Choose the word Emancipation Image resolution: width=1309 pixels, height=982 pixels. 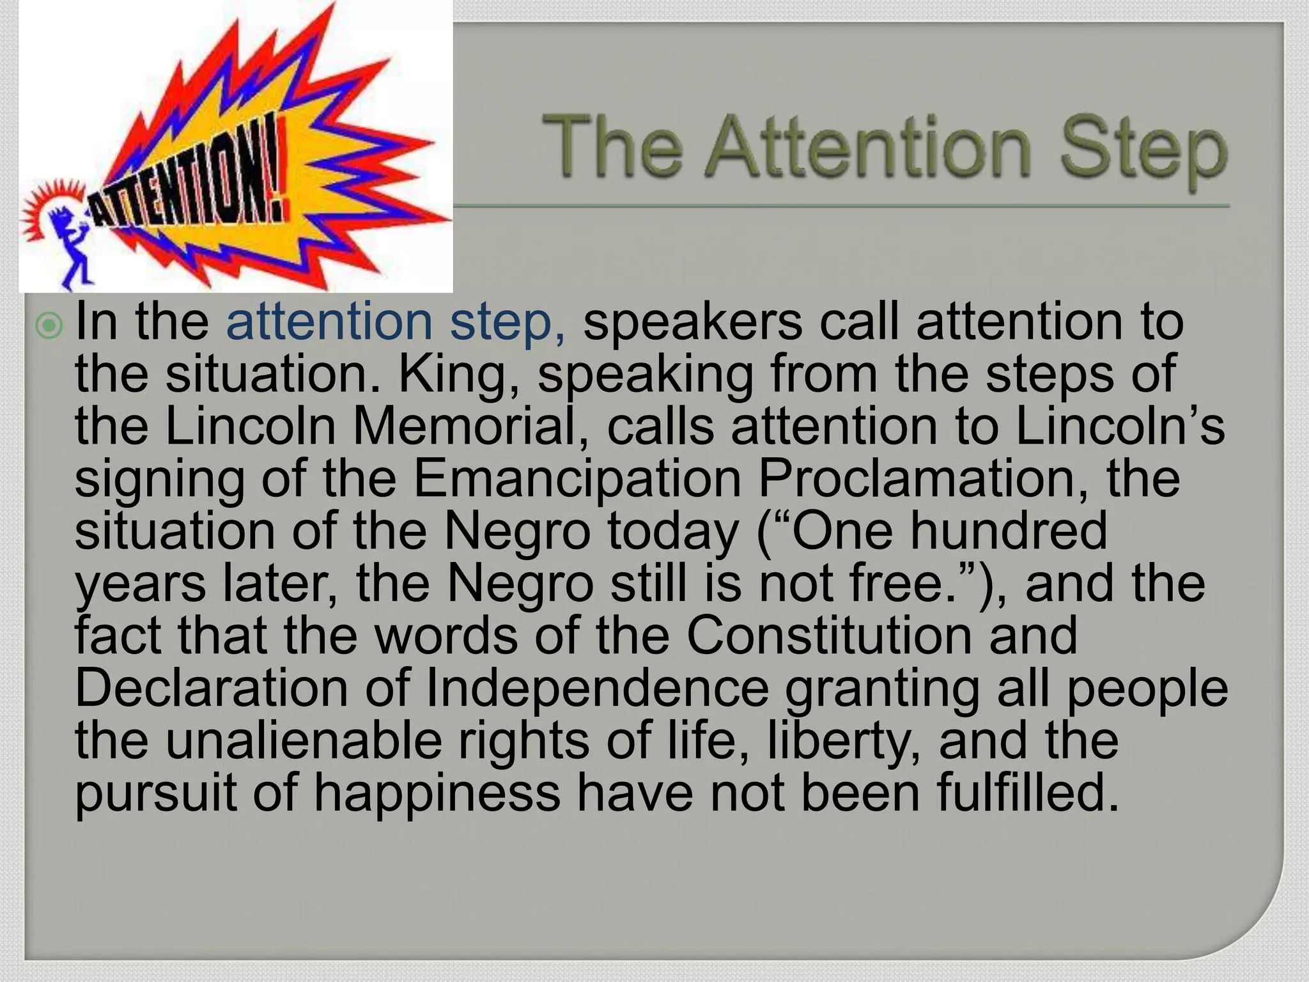click(x=577, y=479)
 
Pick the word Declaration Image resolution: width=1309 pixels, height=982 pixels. click(x=211, y=688)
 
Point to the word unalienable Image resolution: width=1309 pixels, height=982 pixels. click(x=304, y=740)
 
